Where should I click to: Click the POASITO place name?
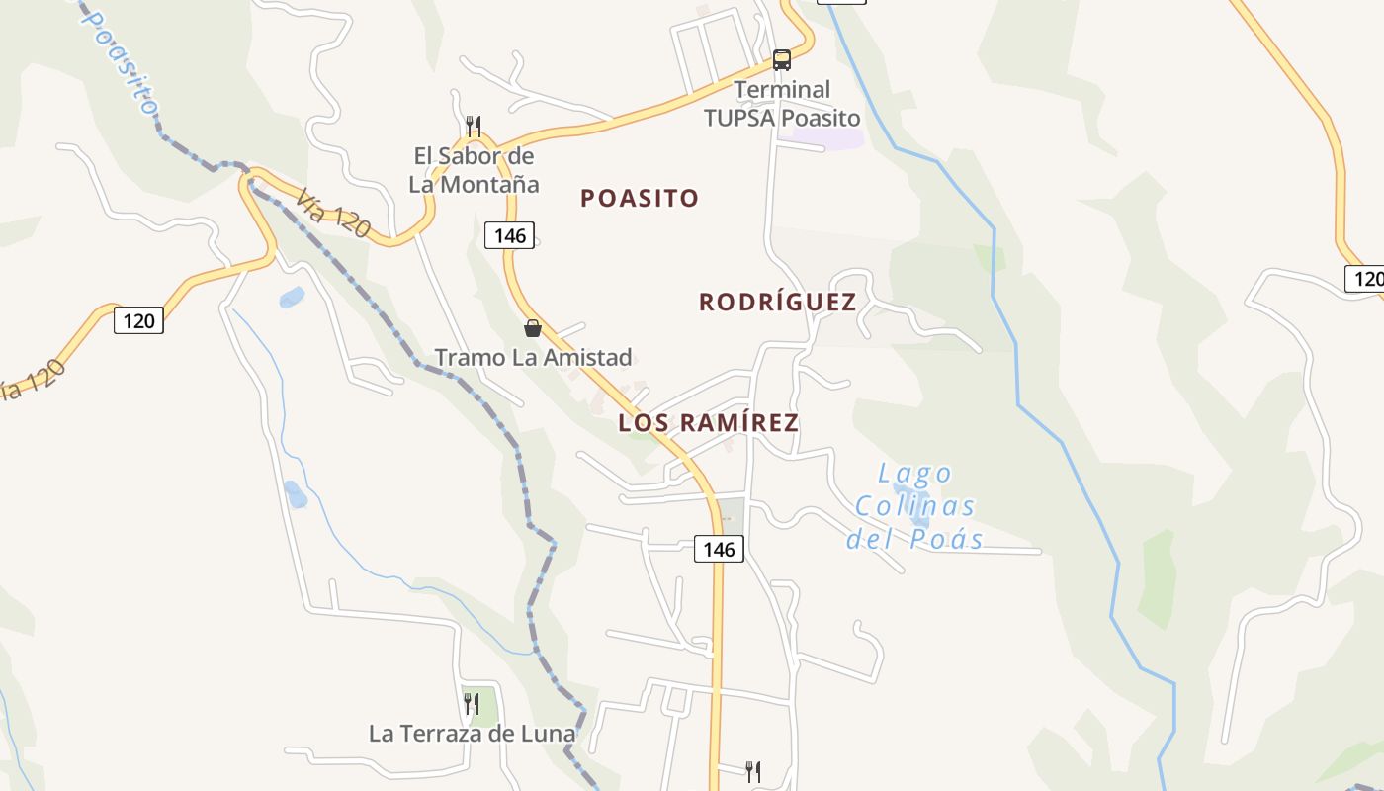[x=640, y=198]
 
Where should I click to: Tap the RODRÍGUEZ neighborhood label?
[x=777, y=302]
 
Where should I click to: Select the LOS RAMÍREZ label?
[x=708, y=423]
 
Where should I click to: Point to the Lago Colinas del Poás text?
[x=914, y=506]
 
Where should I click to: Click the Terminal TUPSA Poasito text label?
[x=782, y=104]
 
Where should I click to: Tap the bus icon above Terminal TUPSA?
[x=782, y=60]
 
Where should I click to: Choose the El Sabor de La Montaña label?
[x=474, y=170]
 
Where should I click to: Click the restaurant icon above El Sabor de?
[x=474, y=126]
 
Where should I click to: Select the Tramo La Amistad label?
[x=533, y=357]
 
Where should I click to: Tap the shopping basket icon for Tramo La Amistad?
[x=533, y=328]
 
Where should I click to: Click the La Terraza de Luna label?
[x=472, y=734]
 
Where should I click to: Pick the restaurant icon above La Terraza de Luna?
[x=472, y=703]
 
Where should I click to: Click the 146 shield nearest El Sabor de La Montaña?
[x=510, y=235]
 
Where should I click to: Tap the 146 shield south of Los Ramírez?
[x=719, y=549]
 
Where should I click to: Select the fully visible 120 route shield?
[x=138, y=320]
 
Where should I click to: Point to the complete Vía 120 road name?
[x=332, y=214]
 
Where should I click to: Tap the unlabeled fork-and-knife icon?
[x=753, y=771]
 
